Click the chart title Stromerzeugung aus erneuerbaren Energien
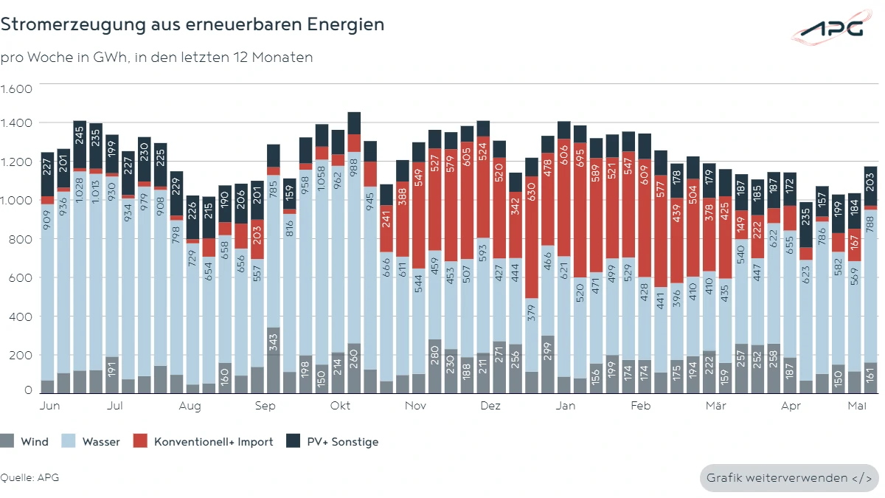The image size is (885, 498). (192, 24)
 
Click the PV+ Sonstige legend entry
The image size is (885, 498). (335, 442)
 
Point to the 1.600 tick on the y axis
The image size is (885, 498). (16, 89)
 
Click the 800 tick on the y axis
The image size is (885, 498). (21, 239)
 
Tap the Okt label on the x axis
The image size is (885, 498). (340, 406)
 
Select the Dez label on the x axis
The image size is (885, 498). (490, 406)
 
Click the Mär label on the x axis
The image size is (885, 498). (715, 406)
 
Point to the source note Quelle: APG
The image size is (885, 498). (29, 477)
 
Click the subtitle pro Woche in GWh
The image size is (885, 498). (156, 58)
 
